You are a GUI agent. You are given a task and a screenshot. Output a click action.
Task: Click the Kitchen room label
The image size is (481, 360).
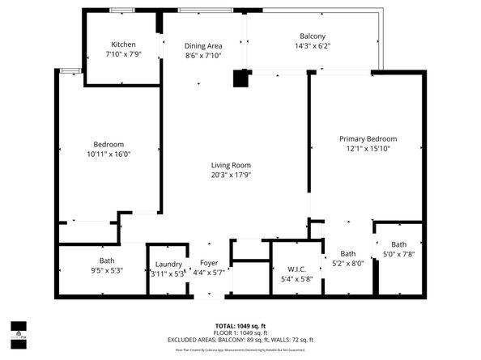click(123, 44)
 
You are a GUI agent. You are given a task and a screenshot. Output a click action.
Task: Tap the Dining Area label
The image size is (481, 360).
click(203, 46)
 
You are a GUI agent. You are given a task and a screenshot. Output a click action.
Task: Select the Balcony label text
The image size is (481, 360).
click(313, 36)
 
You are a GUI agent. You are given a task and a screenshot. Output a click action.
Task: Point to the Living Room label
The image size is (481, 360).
click(231, 165)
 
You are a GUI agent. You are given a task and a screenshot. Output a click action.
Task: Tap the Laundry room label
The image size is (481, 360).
click(168, 265)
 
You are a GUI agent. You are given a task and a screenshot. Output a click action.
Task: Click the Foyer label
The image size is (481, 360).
click(209, 264)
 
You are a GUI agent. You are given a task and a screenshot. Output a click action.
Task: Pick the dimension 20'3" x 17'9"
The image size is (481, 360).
click(231, 176)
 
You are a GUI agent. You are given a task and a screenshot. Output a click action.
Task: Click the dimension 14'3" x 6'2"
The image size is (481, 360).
click(313, 47)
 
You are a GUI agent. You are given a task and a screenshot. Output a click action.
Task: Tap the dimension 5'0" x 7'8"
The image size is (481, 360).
click(399, 255)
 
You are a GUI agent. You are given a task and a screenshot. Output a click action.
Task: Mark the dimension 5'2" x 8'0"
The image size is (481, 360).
click(348, 263)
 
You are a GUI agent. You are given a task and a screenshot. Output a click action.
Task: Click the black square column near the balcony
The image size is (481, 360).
click(240, 78)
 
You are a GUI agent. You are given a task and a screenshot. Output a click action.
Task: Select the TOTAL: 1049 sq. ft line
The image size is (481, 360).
click(240, 324)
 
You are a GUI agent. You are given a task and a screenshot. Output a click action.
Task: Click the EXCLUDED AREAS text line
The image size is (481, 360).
click(240, 340)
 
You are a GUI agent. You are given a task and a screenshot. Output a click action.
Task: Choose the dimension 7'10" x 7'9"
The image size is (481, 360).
click(123, 55)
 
